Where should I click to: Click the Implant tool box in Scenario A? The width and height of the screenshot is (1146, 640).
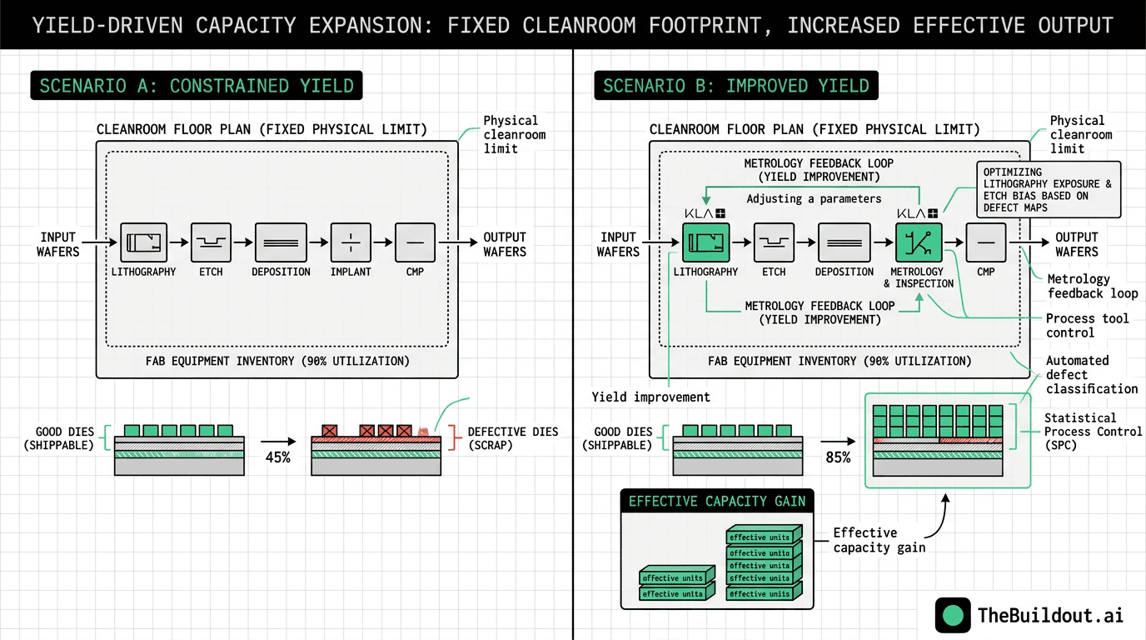click(x=351, y=243)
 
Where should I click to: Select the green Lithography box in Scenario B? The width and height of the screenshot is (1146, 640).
click(x=706, y=243)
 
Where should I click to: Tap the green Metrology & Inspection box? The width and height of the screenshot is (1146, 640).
click(x=919, y=243)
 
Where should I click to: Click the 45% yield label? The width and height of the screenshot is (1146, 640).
click(x=277, y=457)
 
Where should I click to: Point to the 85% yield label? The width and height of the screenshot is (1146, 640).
click(x=837, y=457)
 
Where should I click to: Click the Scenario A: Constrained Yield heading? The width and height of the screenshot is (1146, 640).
click(x=197, y=86)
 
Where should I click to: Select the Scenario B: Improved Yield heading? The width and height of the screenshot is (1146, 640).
click(x=736, y=86)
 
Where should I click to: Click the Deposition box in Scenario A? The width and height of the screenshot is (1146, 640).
click(x=281, y=243)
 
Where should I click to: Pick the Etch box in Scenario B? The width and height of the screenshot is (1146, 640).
click(x=774, y=243)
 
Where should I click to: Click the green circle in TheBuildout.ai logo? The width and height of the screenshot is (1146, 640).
click(x=953, y=615)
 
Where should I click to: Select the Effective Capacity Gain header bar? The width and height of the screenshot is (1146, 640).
click(x=717, y=501)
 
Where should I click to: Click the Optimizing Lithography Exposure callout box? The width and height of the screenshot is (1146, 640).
click(x=1048, y=189)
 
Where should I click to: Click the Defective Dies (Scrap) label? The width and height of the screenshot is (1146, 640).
click(x=513, y=438)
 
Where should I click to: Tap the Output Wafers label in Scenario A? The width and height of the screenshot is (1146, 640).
click(x=505, y=244)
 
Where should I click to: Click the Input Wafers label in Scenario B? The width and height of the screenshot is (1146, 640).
click(x=618, y=244)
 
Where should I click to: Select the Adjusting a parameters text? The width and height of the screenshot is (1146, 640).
click(x=814, y=199)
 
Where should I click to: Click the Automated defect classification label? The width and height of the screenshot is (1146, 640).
click(x=1091, y=374)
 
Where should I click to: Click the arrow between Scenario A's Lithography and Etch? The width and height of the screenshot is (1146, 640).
click(x=178, y=243)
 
